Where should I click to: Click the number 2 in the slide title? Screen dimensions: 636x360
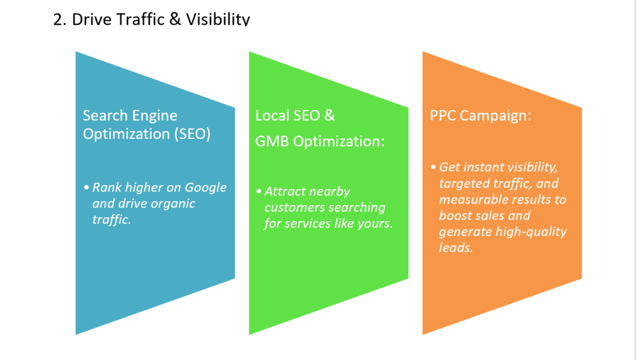[x=59, y=19]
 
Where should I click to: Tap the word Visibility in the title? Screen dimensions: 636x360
[x=218, y=19]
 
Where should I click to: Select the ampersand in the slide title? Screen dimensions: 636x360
[x=175, y=19]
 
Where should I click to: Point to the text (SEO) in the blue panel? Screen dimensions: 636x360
[x=193, y=134]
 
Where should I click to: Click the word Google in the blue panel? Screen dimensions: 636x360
[x=206, y=187]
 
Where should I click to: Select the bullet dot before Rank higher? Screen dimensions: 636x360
[x=86, y=187]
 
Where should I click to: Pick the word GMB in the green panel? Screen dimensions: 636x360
[x=272, y=142]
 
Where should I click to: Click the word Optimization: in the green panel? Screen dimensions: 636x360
[x=338, y=142]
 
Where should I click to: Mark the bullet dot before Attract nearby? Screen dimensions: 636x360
[x=259, y=191]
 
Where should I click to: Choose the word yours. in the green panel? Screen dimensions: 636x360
[x=375, y=223]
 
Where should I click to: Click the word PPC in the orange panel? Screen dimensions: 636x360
[x=443, y=115]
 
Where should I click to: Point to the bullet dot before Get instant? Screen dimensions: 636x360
[x=433, y=166]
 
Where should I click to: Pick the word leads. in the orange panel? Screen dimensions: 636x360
[x=456, y=247]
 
